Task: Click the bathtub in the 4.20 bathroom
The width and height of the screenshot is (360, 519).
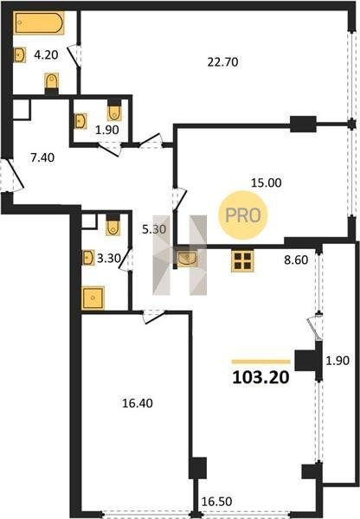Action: click(x=39, y=22)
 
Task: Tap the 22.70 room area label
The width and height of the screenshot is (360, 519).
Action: click(x=222, y=62)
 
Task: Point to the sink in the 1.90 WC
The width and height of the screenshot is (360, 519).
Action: click(x=80, y=121)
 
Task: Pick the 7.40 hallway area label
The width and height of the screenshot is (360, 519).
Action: click(x=42, y=157)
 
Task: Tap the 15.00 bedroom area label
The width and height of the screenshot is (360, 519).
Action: click(x=267, y=183)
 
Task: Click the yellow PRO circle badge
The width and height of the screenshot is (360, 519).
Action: click(x=243, y=215)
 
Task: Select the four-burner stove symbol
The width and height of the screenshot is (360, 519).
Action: click(x=242, y=261)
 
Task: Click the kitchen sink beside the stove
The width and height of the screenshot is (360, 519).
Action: click(x=187, y=259)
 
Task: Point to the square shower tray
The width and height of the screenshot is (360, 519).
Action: click(x=93, y=298)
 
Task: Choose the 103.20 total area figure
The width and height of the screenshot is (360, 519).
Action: click(x=260, y=377)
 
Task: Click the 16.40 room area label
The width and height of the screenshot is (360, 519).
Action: click(x=138, y=403)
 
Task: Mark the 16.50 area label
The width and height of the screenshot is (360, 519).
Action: click(x=216, y=502)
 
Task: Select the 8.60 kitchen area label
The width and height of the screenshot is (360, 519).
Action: click(x=296, y=259)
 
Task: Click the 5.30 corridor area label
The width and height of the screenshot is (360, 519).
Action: click(x=154, y=228)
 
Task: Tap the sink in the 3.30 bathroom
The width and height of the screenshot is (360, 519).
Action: click(x=87, y=258)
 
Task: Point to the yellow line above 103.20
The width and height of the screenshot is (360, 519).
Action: click(x=261, y=362)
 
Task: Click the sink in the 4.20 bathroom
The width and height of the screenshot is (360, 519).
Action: click(x=20, y=54)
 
